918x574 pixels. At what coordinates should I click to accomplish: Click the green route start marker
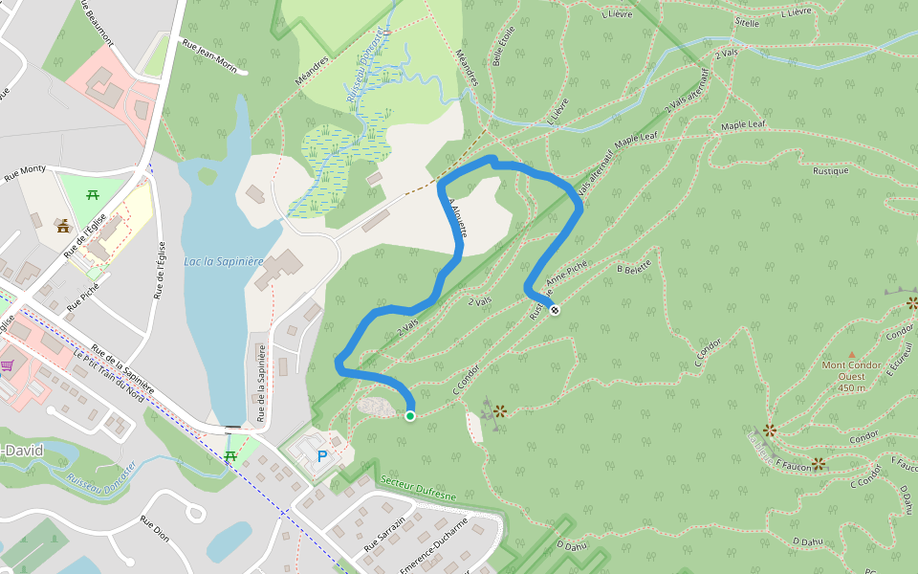(x=410, y=415)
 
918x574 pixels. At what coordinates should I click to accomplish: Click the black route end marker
(x=555, y=309)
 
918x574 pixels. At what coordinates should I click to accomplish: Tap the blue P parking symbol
(x=321, y=456)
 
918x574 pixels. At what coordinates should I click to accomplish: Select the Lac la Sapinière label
(x=224, y=261)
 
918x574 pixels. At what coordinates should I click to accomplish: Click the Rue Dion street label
(x=155, y=529)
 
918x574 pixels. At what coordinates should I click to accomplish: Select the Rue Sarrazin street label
(x=384, y=533)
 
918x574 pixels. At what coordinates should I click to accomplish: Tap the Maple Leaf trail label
(x=743, y=125)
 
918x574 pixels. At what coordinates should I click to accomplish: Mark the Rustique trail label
(x=830, y=171)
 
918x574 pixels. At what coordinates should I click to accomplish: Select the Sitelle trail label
(x=747, y=21)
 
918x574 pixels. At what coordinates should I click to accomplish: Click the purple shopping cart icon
(x=8, y=365)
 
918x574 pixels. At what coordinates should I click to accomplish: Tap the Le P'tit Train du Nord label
(x=108, y=372)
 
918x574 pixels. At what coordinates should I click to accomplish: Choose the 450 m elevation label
(x=851, y=387)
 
